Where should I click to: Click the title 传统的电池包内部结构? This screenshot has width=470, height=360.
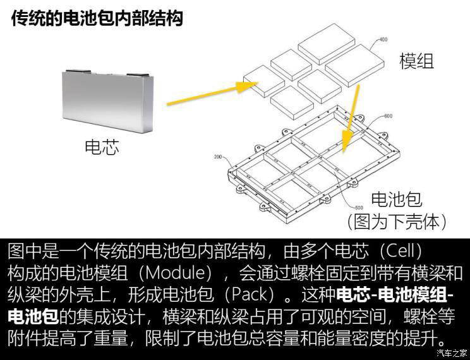click(97, 18)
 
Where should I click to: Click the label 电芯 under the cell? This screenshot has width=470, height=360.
click(102, 147)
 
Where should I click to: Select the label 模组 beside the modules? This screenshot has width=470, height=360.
click(416, 61)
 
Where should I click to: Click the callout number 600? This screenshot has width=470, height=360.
click(388, 116)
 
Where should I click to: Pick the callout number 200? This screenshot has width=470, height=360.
click(219, 157)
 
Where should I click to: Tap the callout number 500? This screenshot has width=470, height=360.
click(358, 207)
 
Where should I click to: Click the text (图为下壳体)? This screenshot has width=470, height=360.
click(397, 221)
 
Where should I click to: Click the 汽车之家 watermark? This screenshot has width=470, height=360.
click(453, 352)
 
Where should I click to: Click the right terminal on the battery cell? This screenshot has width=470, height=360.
click(140, 76)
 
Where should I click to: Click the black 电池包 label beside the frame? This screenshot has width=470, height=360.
click(396, 200)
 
